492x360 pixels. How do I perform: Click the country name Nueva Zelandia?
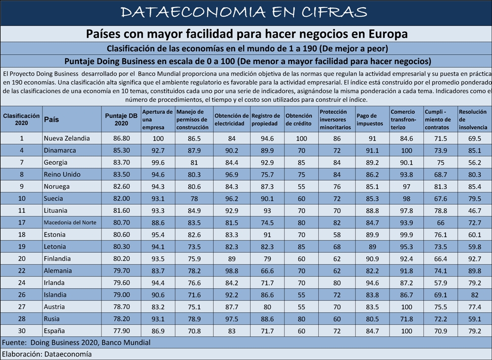click(67, 138)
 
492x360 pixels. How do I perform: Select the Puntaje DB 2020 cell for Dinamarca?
click(121, 151)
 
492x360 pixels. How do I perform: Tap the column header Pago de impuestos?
click(370, 120)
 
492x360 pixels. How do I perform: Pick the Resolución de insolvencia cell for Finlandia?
click(474, 259)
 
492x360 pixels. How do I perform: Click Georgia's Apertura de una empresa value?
click(158, 162)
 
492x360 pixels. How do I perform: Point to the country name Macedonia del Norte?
click(70, 222)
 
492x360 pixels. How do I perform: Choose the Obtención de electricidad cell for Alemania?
click(231, 271)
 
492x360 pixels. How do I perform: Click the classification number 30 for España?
click(22, 331)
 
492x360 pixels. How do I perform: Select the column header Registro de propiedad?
click(266, 120)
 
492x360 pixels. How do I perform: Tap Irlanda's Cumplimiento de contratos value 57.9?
click(440, 283)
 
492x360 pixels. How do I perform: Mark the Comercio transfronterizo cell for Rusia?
click(406, 319)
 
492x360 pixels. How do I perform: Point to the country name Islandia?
click(55, 295)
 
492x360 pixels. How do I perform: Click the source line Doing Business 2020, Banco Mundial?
click(90, 342)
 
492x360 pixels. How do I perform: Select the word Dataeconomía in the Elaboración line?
click(68, 354)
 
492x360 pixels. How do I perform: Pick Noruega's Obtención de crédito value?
click(301, 187)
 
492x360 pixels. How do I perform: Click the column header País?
click(52, 119)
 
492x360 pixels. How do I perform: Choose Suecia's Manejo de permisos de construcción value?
click(194, 199)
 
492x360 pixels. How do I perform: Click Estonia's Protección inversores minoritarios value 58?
click(337, 235)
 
